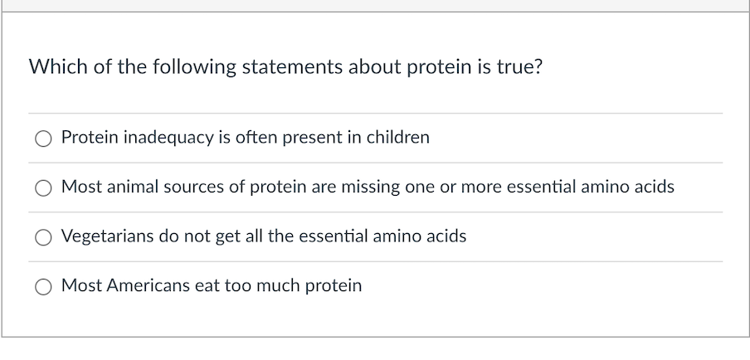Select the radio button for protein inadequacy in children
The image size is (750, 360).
click(x=43, y=139)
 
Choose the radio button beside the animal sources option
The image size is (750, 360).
click(x=43, y=188)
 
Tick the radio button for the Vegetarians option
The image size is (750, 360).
click(x=43, y=237)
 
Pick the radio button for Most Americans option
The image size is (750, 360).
click(x=43, y=287)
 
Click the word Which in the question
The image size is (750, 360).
click(x=58, y=66)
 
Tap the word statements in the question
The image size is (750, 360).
click(x=292, y=66)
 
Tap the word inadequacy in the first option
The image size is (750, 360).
click(x=169, y=138)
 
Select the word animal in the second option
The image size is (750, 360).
click(x=133, y=187)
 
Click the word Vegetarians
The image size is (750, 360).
click(x=107, y=236)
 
